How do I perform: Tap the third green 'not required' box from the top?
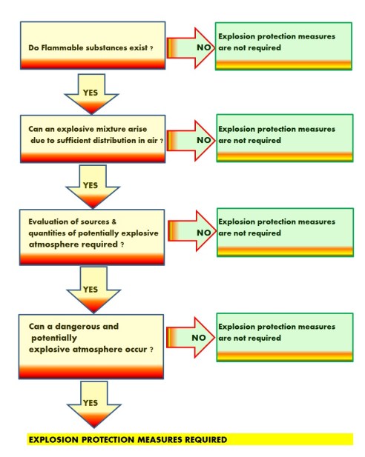[283, 232]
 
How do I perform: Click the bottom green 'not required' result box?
[283, 337]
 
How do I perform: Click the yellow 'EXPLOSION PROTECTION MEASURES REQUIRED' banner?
[189, 439]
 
